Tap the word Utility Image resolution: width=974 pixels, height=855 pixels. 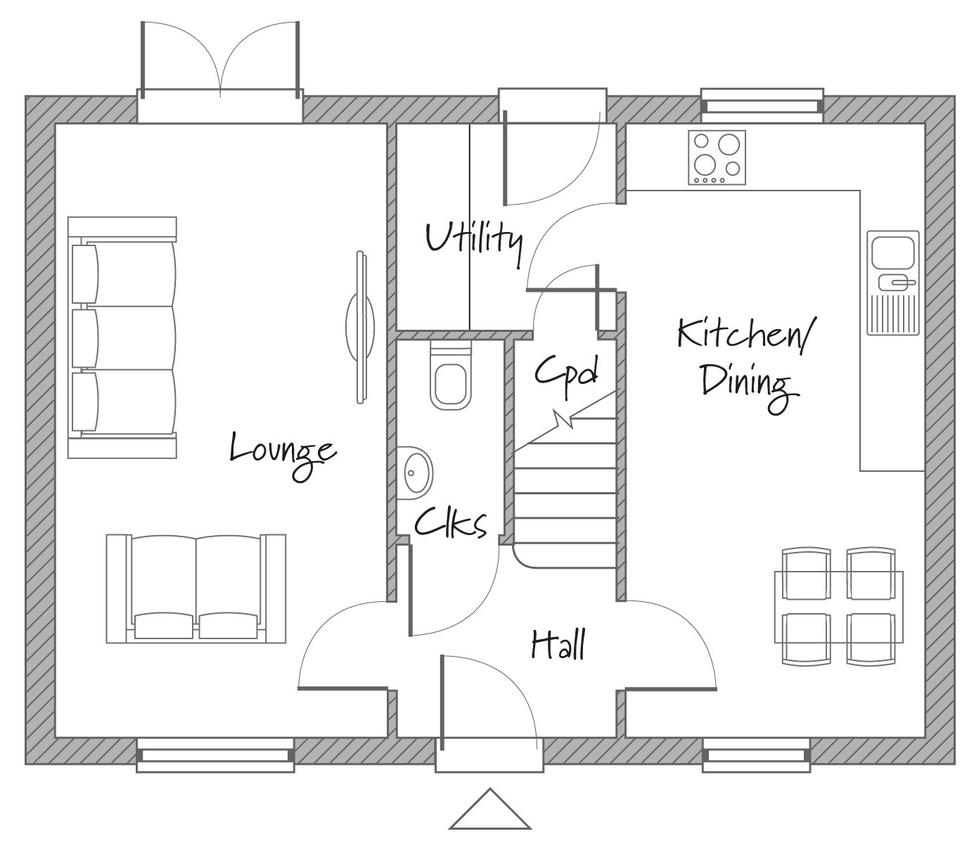(474, 240)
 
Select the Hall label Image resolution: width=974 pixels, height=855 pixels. (558, 644)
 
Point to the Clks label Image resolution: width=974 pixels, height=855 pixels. (450, 524)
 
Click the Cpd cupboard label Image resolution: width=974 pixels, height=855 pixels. (566, 373)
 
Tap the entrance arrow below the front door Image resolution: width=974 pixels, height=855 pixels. (490, 811)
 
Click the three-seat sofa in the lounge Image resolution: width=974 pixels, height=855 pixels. (122, 337)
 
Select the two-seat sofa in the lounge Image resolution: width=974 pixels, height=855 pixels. (196, 588)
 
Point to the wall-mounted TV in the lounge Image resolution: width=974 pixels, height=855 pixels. (361, 327)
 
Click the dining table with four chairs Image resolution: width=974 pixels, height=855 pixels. (838, 606)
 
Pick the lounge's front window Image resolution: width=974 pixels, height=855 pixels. (214, 755)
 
